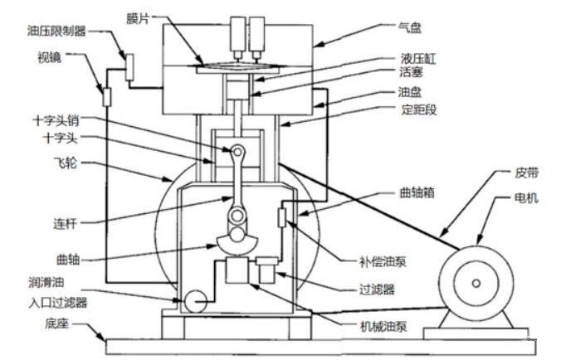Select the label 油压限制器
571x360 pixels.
56,31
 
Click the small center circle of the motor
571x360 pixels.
476,285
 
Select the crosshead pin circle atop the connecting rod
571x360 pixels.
238,151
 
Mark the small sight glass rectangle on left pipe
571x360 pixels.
106,97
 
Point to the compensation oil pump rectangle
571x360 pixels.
282,218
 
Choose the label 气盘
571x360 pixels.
411,27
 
